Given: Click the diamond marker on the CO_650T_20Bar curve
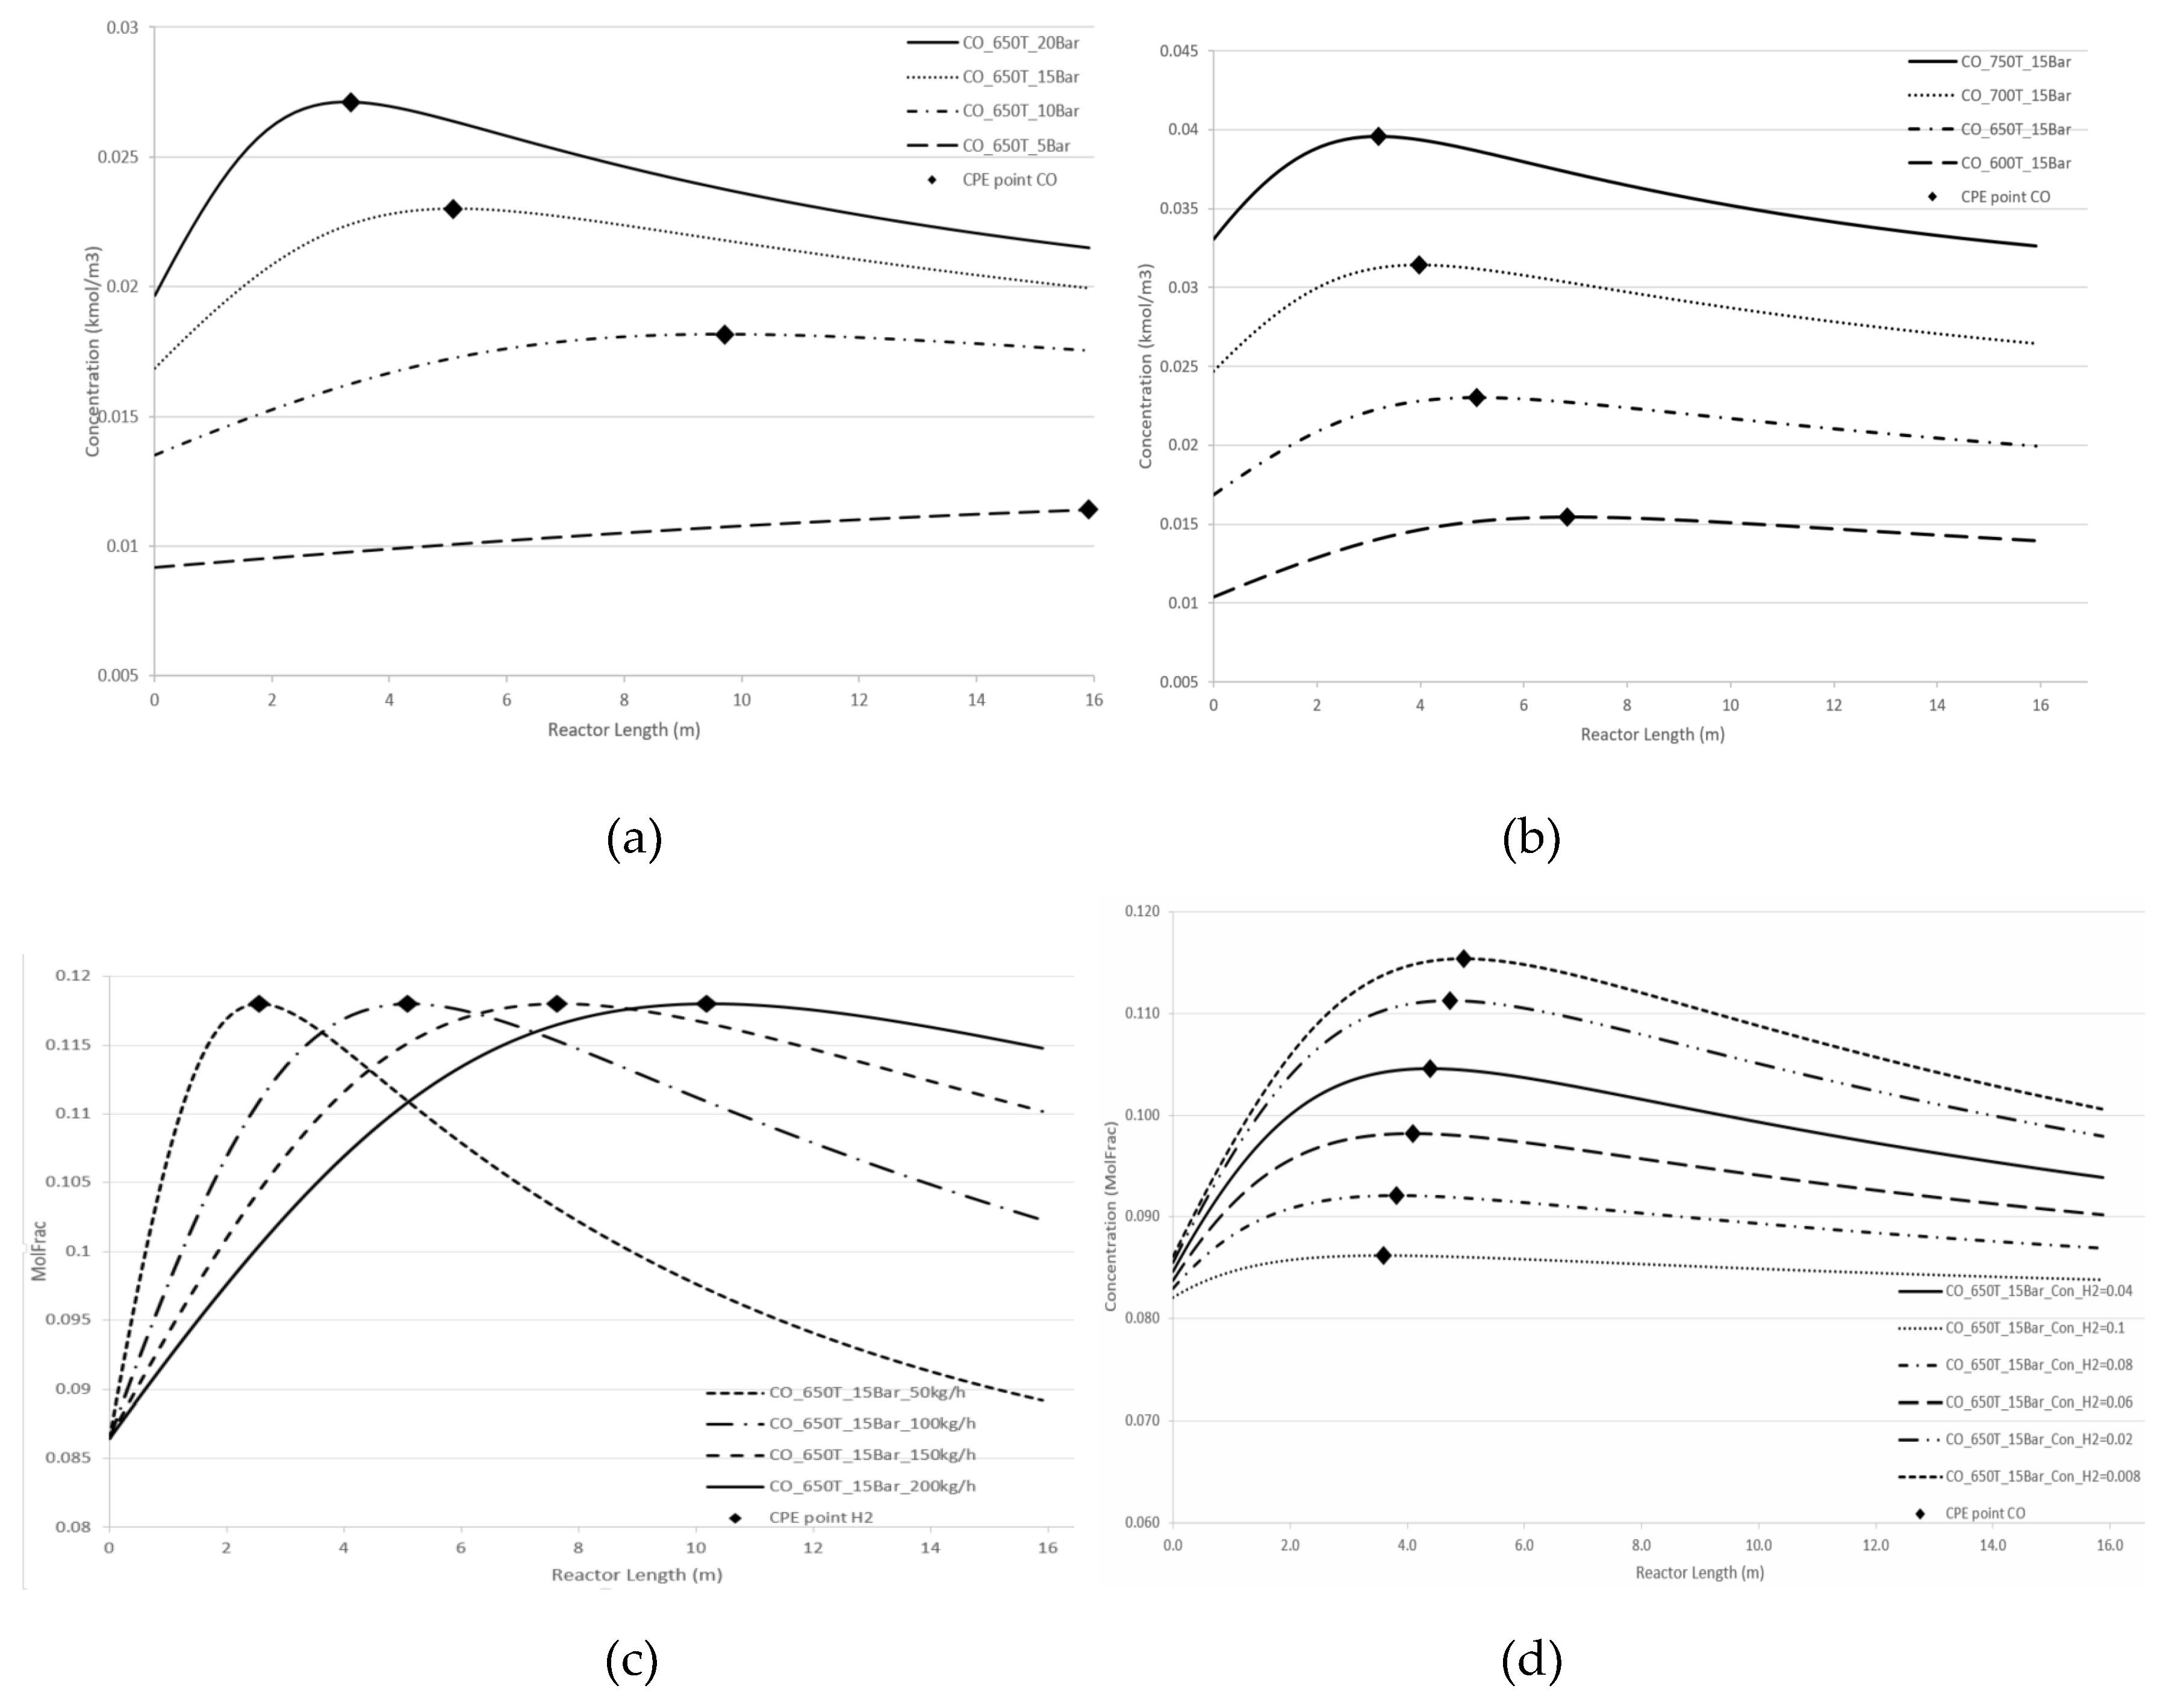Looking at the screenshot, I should pyautogui.click(x=350, y=102).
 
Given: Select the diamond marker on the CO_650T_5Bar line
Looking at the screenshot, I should pyautogui.click(x=1088, y=509).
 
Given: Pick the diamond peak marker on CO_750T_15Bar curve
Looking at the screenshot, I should pyautogui.click(x=1378, y=136).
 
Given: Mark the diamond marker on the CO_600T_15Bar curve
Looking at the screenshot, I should pyautogui.click(x=1567, y=517).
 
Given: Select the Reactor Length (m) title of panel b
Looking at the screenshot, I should pyautogui.click(x=1652, y=734).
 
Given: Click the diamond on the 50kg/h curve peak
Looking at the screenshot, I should pyautogui.click(x=260, y=1004).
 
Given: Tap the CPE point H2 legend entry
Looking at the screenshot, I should pyautogui.click(x=820, y=1517).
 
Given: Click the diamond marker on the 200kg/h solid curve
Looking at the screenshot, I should pyautogui.click(x=706, y=1004).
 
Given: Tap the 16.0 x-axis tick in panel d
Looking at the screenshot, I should pyautogui.click(x=2109, y=1545).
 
